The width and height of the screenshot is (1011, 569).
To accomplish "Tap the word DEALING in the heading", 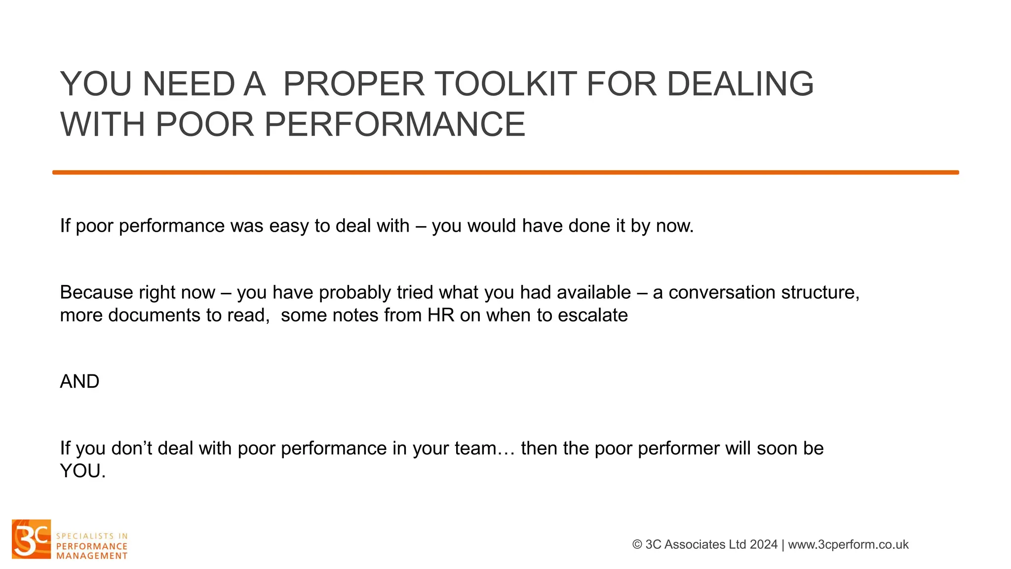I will click(x=740, y=84).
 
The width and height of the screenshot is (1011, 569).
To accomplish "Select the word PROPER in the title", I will click(x=354, y=84).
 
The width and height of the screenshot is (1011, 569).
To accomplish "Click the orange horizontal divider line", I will click(x=505, y=172).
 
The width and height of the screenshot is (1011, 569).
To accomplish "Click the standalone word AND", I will click(x=79, y=381).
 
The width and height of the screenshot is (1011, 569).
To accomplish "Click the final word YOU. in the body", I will click(x=82, y=471).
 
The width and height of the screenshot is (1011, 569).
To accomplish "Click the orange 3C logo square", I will click(x=31, y=539).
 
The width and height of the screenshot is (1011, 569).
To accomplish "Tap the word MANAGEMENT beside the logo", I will click(x=92, y=556).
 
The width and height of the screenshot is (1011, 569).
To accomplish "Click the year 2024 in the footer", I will click(x=763, y=544).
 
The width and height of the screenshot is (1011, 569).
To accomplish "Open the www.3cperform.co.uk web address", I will click(x=848, y=544).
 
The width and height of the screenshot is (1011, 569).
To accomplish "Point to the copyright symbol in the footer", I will click(x=637, y=544).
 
